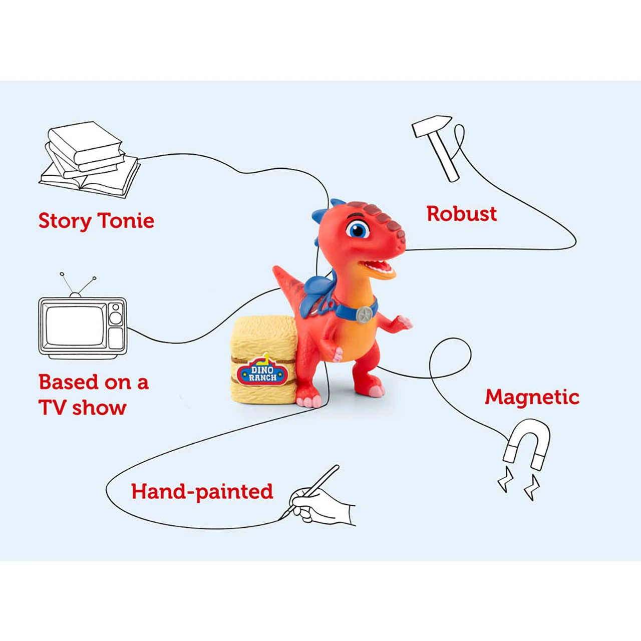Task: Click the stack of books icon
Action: click(89, 159)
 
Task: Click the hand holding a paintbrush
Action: click(320, 503)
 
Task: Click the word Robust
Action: click(461, 214)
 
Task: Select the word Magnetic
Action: click(532, 397)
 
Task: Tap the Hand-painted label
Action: click(202, 492)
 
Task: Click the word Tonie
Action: click(126, 221)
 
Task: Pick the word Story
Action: click(65, 221)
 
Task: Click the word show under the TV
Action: click(99, 408)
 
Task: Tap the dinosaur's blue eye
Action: click(358, 230)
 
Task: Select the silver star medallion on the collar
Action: click(364, 314)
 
